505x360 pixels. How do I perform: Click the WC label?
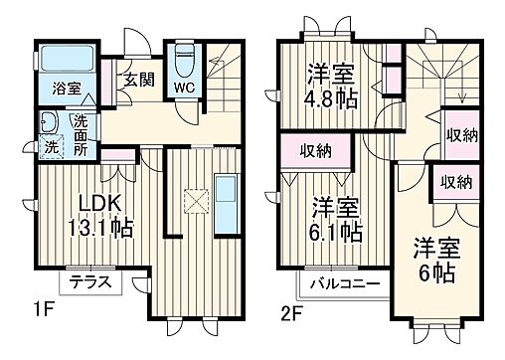[x=184, y=88]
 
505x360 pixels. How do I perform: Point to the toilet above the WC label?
[x=183, y=61]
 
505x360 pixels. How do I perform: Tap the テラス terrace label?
[x=90, y=282]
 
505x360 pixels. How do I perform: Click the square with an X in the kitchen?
[x=196, y=202]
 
